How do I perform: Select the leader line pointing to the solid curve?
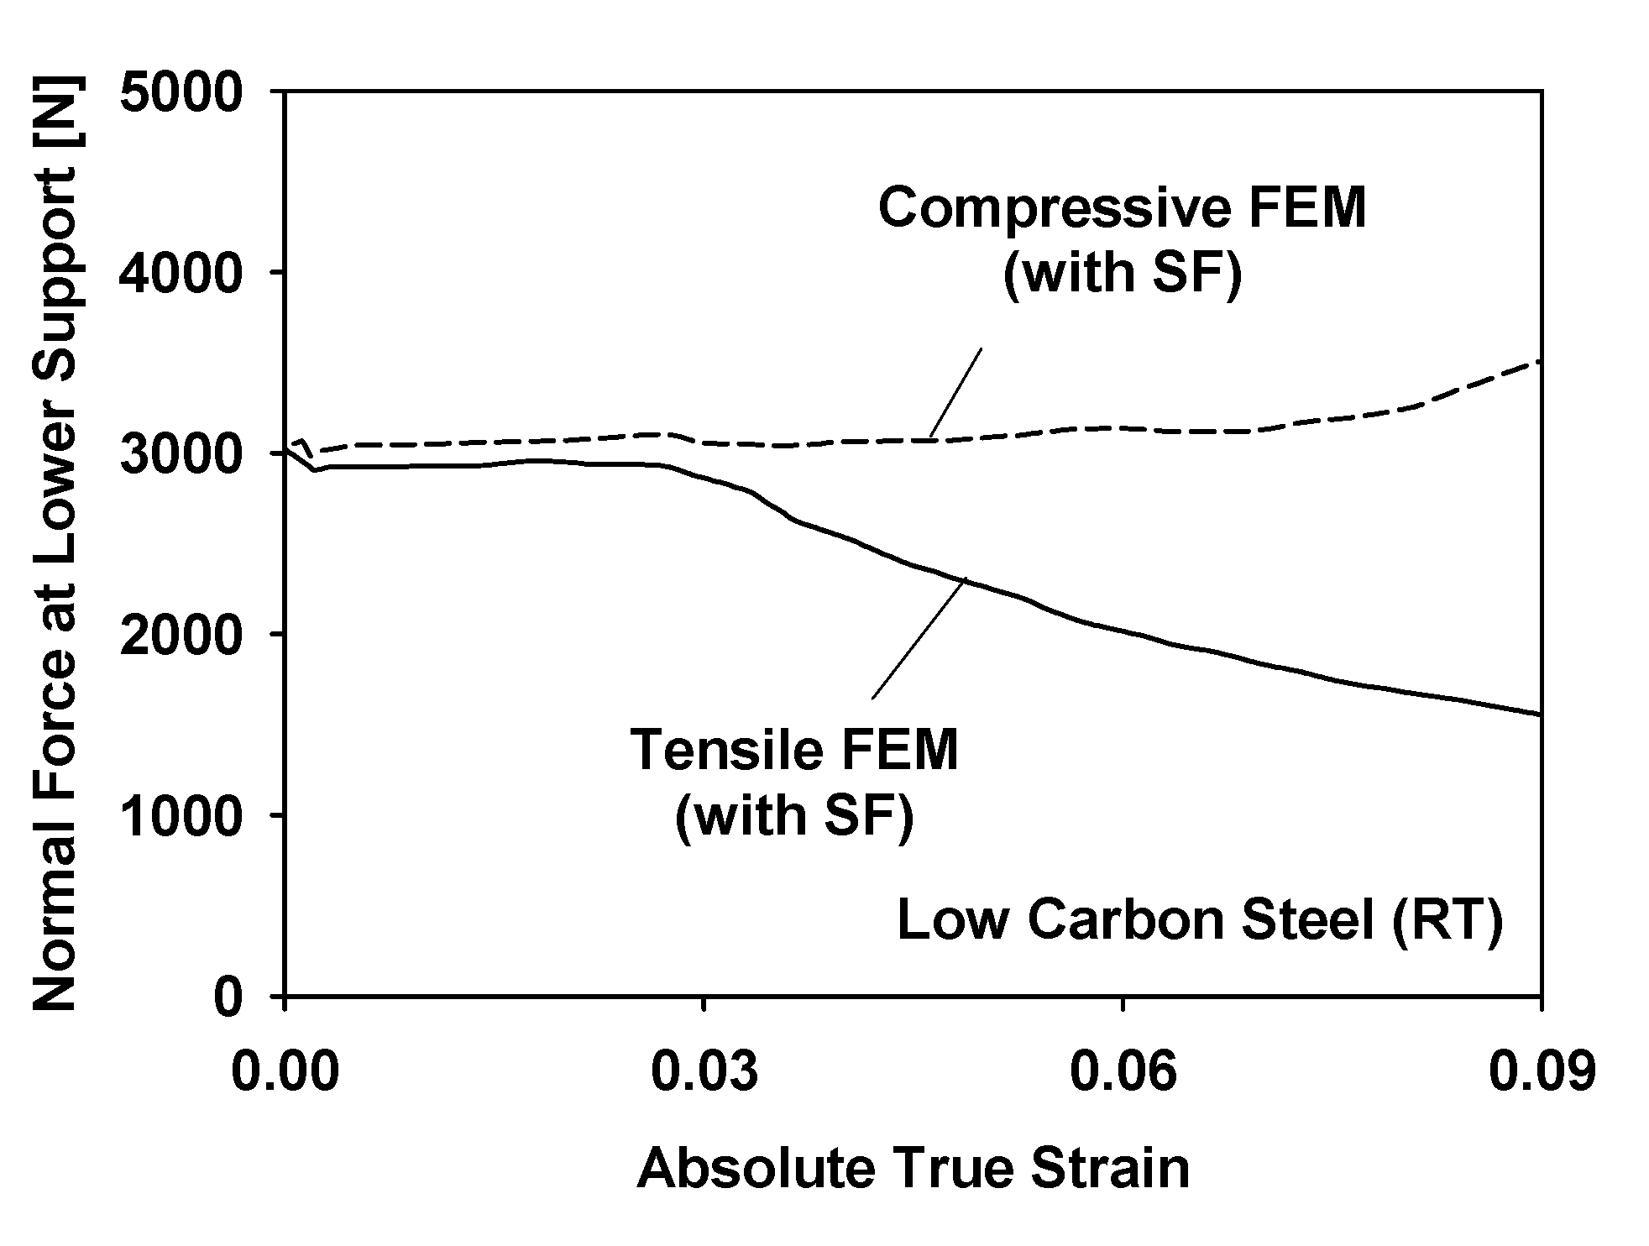pyautogui.click(x=919, y=638)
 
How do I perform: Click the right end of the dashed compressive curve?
pyautogui.click(x=1539, y=362)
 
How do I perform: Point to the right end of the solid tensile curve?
pyautogui.click(x=1539, y=714)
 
